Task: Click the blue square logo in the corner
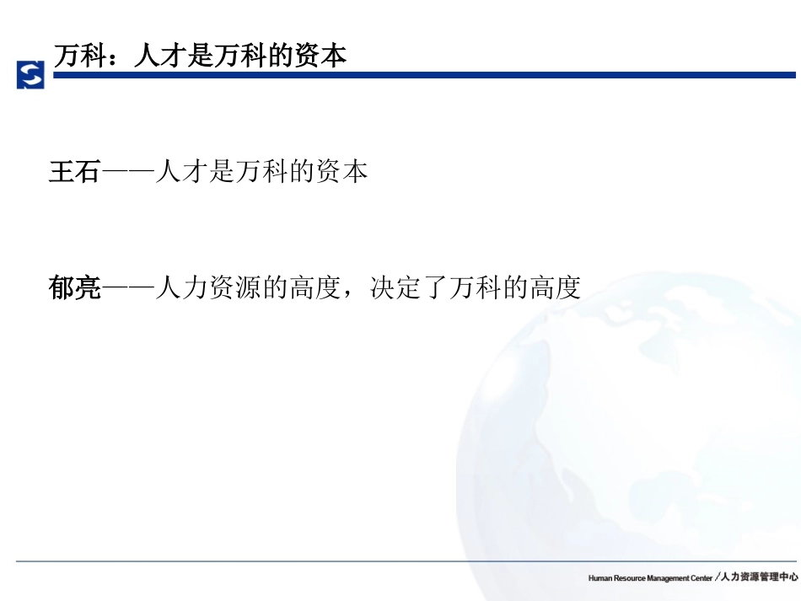coord(30,74)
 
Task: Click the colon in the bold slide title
coord(119,56)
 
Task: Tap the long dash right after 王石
coord(127,172)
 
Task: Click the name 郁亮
coord(74,288)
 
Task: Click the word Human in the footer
coord(600,578)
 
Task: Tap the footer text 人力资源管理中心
coord(759,577)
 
